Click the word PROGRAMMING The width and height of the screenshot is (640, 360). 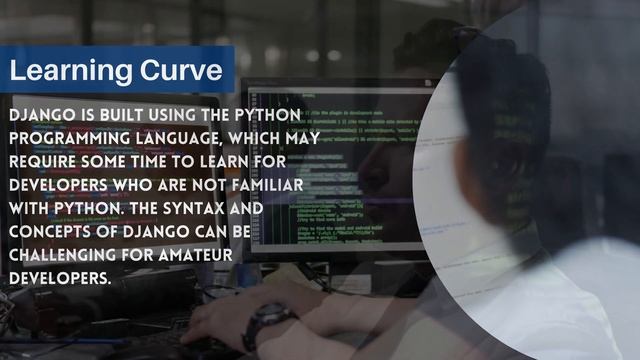[70, 139]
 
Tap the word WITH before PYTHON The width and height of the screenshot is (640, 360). [31, 208]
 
